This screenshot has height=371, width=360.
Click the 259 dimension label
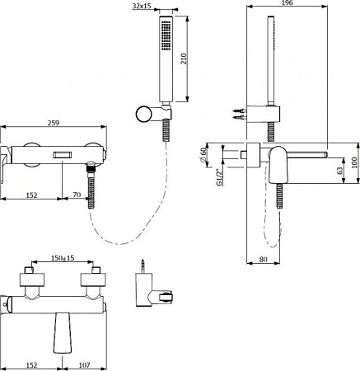click(x=54, y=123)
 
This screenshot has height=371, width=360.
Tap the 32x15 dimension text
click(x=142, y=6)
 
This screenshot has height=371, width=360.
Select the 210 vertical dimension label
click(x=184, y=59)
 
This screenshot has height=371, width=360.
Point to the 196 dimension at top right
click(x=288, y=2)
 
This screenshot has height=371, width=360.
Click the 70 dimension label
click(x=77, y=195)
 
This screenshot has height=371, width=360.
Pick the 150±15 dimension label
click(x=63, y=258)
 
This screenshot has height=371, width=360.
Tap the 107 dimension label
click(x=84, y=364)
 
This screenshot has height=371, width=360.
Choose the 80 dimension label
click(x=263, y=259)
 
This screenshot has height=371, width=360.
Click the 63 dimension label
click(x=339, y=171)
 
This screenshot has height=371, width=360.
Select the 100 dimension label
click(x=354, y=162)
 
